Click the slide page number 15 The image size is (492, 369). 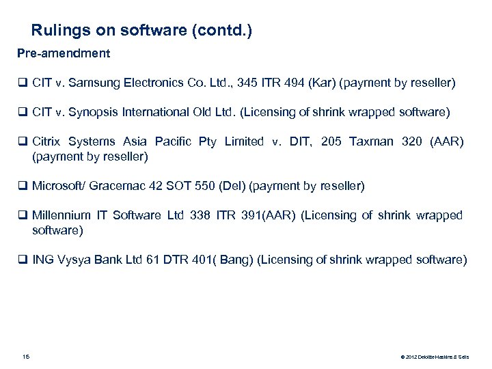(27, 356)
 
